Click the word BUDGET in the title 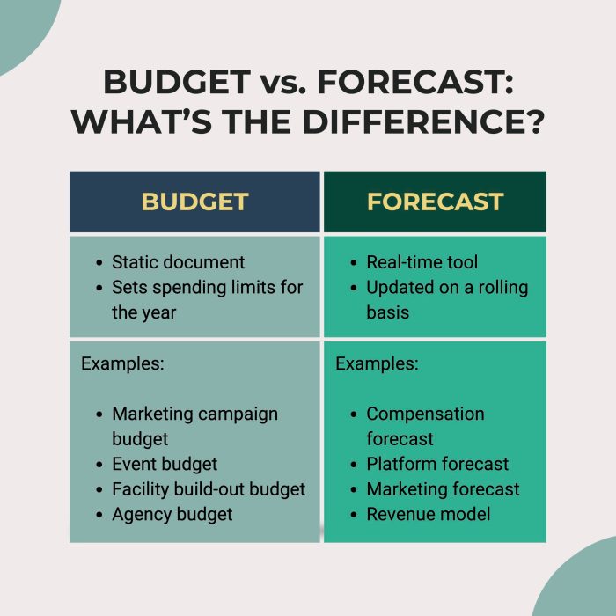(x=177, y=82)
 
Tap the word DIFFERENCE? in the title (x=423, y=121)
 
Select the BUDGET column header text (x=194, y=202)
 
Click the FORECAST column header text (x=436, y=202)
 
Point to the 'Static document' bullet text (x=178, y=262)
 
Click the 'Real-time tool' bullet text (x=422, y=262)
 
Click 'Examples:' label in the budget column (x=122, y=363)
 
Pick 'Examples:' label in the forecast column (x=377, y=363)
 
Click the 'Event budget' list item (x=165, y=465)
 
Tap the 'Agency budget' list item (x=172, y=515)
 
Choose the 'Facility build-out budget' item (x=209, y=489)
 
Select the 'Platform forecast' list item (x=437, y=464)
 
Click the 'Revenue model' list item (x=429, y=514)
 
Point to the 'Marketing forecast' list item (x=443, y=489)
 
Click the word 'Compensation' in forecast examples (x=425, y=414)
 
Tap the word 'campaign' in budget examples (x=237, y=414)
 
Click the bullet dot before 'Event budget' (x=99, y=465)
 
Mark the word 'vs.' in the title (x=283, y=84)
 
